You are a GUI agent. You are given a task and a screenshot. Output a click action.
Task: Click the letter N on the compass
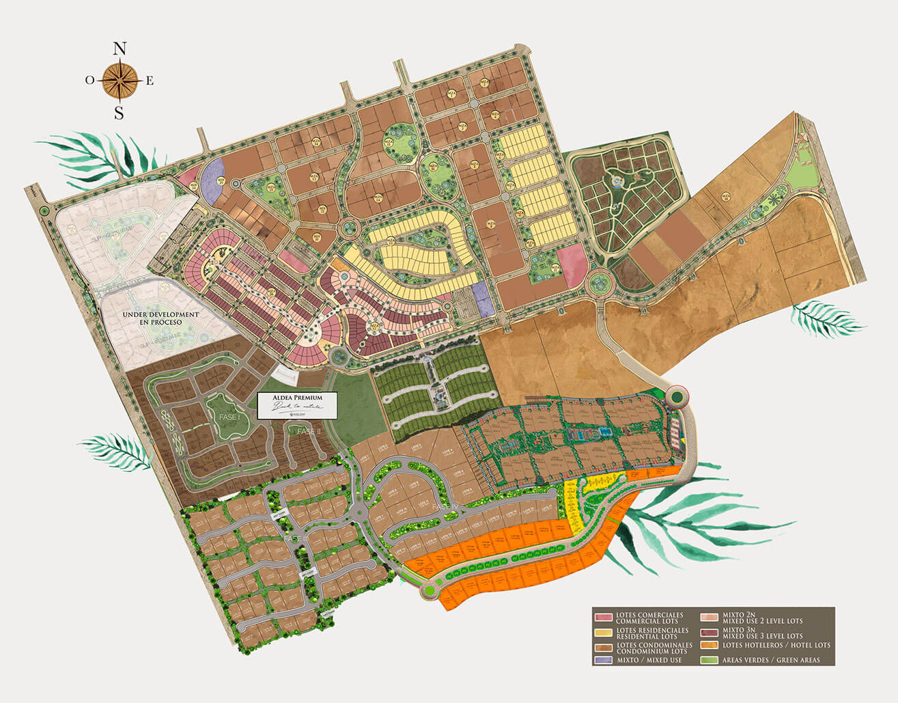tap(120, 49)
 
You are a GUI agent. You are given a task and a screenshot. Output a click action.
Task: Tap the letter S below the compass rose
tap(120, 113)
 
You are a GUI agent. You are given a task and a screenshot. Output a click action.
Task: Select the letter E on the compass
tap(150, 81)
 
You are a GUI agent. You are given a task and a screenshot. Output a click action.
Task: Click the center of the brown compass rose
tap(120, 81)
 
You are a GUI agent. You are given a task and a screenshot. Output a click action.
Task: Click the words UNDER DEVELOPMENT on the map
tap(160, 314)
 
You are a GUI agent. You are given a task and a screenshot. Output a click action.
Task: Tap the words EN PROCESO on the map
tap(160, 322)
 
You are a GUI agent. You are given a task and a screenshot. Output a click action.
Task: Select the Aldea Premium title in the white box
tap(296, 397)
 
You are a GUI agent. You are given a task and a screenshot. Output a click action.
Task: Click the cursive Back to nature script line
tap(296, 407)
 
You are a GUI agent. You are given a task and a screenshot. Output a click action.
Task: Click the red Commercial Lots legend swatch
tap(603, 618)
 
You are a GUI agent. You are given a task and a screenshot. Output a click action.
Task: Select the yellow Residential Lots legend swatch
tap(603, 633)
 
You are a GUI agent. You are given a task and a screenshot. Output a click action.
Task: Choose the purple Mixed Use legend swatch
tap(603, 661)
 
